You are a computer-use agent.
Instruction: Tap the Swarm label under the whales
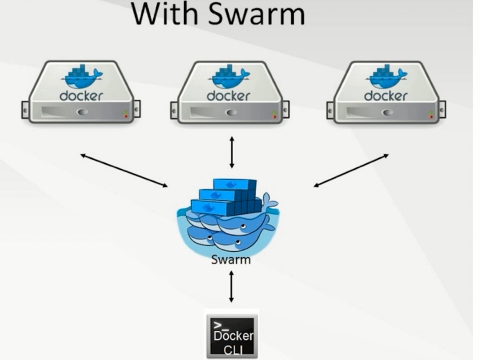231,260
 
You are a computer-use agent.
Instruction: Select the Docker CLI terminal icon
232,335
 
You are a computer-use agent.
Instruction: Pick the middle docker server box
229,93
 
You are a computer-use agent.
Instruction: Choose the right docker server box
386,93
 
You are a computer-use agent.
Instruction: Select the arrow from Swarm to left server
124,170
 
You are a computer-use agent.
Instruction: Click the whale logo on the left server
83,76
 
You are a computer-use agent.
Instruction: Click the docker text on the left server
81,96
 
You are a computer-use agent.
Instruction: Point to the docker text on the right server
385,96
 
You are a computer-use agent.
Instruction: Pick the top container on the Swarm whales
235,184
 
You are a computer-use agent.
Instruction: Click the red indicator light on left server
126,116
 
